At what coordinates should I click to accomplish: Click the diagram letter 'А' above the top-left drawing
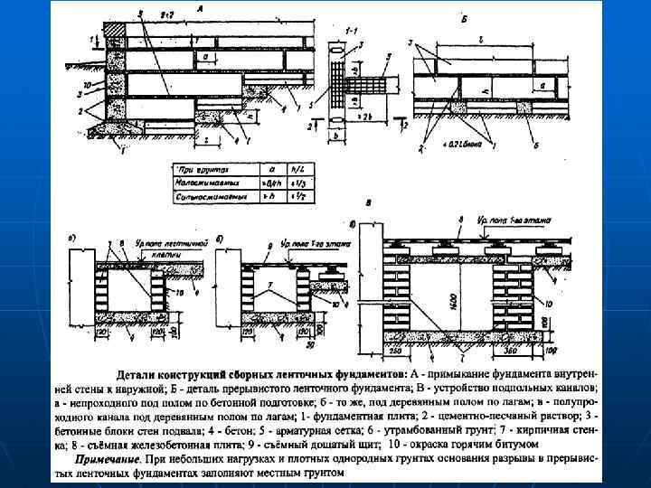(x=200, y=7)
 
